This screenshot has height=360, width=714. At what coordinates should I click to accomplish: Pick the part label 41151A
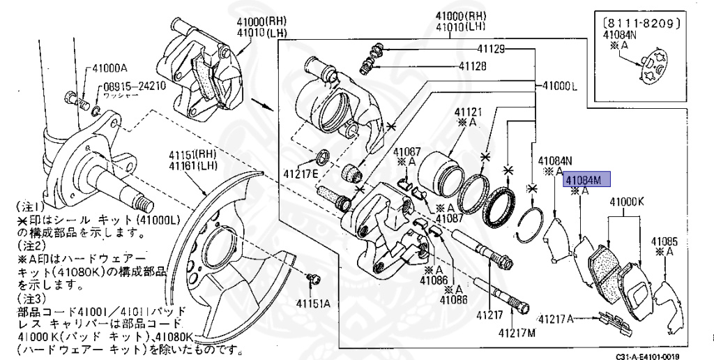coord(313,303)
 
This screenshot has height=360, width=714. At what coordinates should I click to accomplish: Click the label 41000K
coord(626,203)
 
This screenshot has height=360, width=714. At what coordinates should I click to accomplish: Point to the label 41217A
coord(556,320)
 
